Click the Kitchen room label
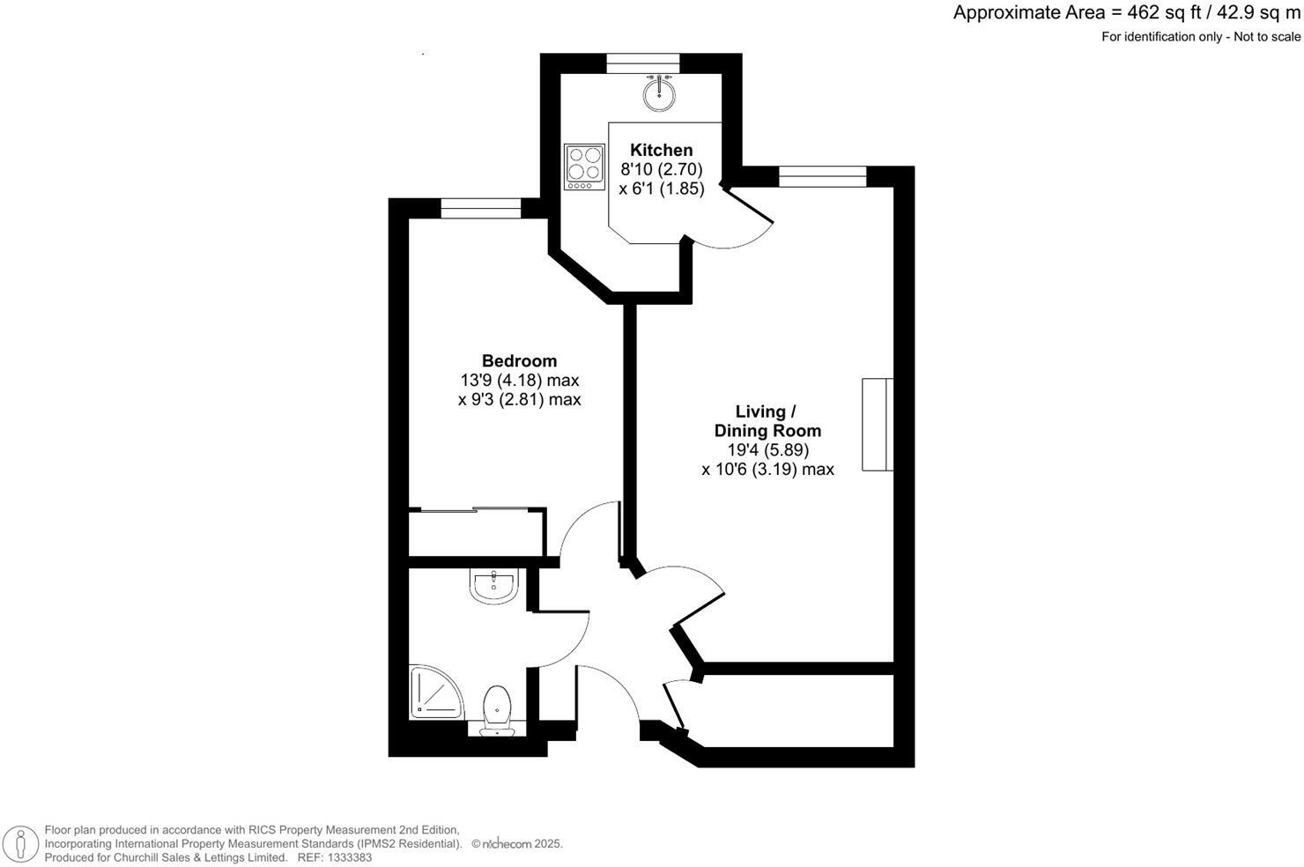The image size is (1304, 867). pyautogui.click(x=661, y=150)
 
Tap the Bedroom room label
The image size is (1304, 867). pyautogui.click(x=519, y=360)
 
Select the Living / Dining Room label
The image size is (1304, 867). pyautogui.click(x=767, y=421)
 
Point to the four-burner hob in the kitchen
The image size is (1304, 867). pyautogui.click(x=583, y=167)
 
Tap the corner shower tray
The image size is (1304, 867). pyautogui.click(x=434, y=691)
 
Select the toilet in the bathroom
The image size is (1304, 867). pyautogui.click(x=498, y=708)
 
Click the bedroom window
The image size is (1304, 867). pyautogui.click(x=480, y=208)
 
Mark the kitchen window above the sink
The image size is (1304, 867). pyautogui.click(x=643, y=63)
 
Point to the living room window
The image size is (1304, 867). pyautogui.click(x=822, y=176)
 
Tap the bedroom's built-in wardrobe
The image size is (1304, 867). pyautogui.click(x=477, y=532)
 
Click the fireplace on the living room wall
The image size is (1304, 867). pyautogui.click(x=877, y=424)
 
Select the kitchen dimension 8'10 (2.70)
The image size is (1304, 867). pyautogui.click(x=661, y=169)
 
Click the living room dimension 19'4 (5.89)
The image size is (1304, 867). pyautogui.click(x=767, y=450)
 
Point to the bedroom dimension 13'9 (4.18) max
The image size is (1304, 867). pyautogui.click(x=519, y=381)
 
